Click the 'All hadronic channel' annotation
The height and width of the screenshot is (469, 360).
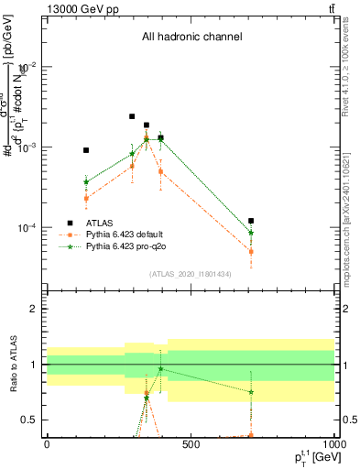pyautogui.click(x=191, y=38)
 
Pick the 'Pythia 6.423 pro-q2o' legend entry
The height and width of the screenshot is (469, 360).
pyautogui.click(x=125, y=247)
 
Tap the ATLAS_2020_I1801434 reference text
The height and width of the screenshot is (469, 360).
pyautogui.click(x=191, y=274)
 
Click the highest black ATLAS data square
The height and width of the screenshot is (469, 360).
pyautogui.click(x=132, y=116)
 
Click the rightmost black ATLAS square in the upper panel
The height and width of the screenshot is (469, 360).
pyautogui.click(x=251, y=221)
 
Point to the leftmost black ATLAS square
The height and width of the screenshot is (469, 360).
pyautogui.click(x=86, y=150)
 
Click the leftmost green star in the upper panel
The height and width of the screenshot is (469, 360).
pyautogui.click(x=86, y=182)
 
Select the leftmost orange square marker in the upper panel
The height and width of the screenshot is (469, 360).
pyautogui.click(x=86, y=198)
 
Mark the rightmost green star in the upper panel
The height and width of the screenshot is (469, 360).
pyautogui.click(x=251, y=233)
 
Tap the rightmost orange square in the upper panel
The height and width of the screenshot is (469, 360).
pyautogui.click(x=251, y=251)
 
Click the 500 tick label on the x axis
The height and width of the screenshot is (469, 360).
pyautogui.click(x=191, y=444)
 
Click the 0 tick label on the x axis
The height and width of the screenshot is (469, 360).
pyautogui.click(x=47, y=444)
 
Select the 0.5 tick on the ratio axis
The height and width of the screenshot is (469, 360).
pyautogui.click(x=33, y=420)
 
